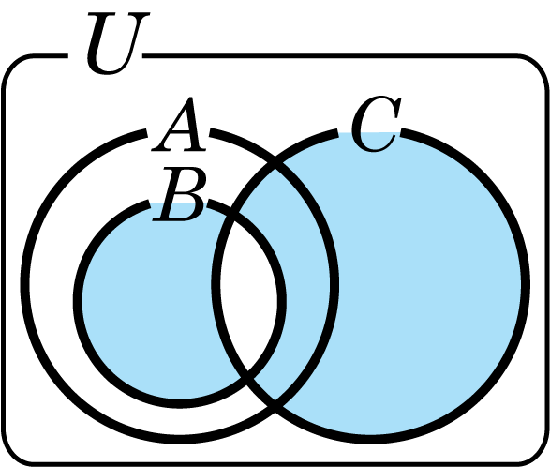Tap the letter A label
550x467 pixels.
179,125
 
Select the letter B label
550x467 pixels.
180,194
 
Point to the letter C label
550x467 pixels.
376,124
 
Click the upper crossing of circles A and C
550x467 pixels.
275,164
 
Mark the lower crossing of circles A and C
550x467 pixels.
275,407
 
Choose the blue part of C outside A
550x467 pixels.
428,284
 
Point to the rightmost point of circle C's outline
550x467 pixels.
526,284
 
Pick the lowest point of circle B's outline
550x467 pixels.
180,404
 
